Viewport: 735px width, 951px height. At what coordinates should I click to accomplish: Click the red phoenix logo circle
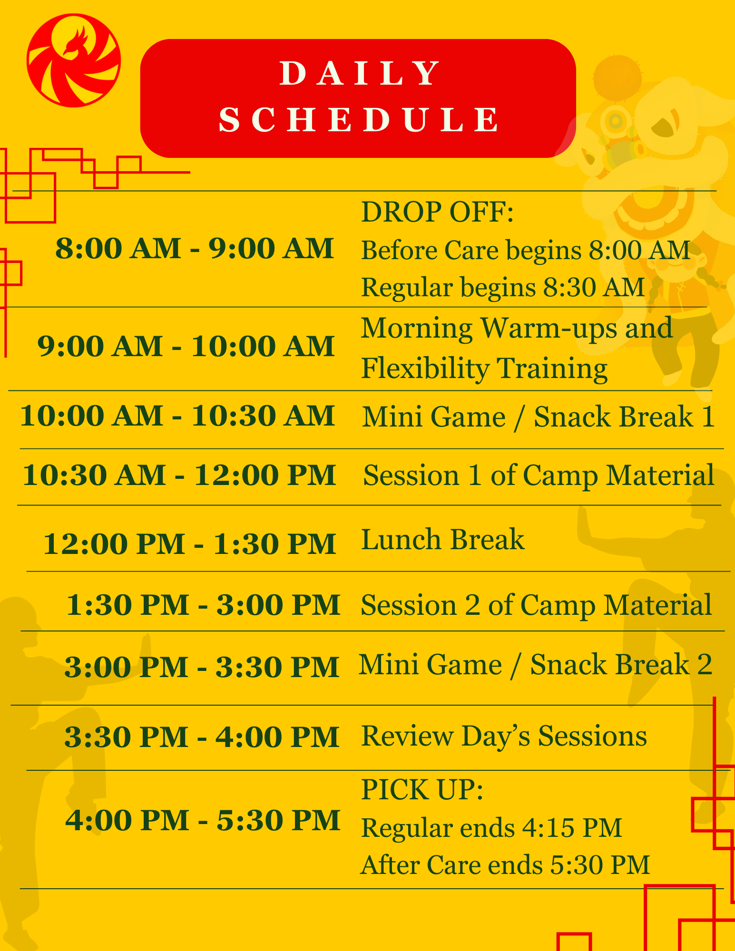point(74,60)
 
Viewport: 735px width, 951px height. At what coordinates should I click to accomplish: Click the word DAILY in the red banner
point(360,74)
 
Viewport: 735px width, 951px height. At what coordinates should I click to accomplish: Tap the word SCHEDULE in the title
point(360,119)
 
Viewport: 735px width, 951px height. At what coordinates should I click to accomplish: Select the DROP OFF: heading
point(438,212)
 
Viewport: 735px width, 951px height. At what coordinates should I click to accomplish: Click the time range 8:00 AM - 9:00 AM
point(195,248)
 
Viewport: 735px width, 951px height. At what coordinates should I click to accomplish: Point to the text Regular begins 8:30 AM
point(503,288)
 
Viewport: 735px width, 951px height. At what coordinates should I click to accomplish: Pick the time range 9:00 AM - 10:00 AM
point(186,346)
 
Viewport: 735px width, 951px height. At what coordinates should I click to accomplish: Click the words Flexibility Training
point(484,369)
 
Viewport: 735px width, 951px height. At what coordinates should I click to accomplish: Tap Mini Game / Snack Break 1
point(538,417)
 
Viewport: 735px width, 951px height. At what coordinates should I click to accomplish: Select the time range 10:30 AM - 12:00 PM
point(179,475)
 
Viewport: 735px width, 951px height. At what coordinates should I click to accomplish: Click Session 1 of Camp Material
point(539,475)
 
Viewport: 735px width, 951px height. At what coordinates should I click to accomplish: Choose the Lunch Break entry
point(443,540)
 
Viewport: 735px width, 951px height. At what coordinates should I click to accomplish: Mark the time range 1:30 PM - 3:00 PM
point(203,605)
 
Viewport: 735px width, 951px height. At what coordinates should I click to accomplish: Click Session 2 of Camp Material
point(536,605)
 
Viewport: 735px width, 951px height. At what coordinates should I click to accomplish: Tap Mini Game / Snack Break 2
point(535,664)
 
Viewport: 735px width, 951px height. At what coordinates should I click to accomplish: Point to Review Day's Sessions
point(504,736)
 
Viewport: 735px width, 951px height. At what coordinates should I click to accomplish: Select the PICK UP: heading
point(422,790)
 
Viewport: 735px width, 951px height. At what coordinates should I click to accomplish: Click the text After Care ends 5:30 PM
point(505,865)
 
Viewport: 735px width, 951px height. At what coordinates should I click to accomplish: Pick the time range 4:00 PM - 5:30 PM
point(203,820)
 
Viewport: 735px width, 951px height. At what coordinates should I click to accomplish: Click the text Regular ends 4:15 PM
point(491,828)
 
